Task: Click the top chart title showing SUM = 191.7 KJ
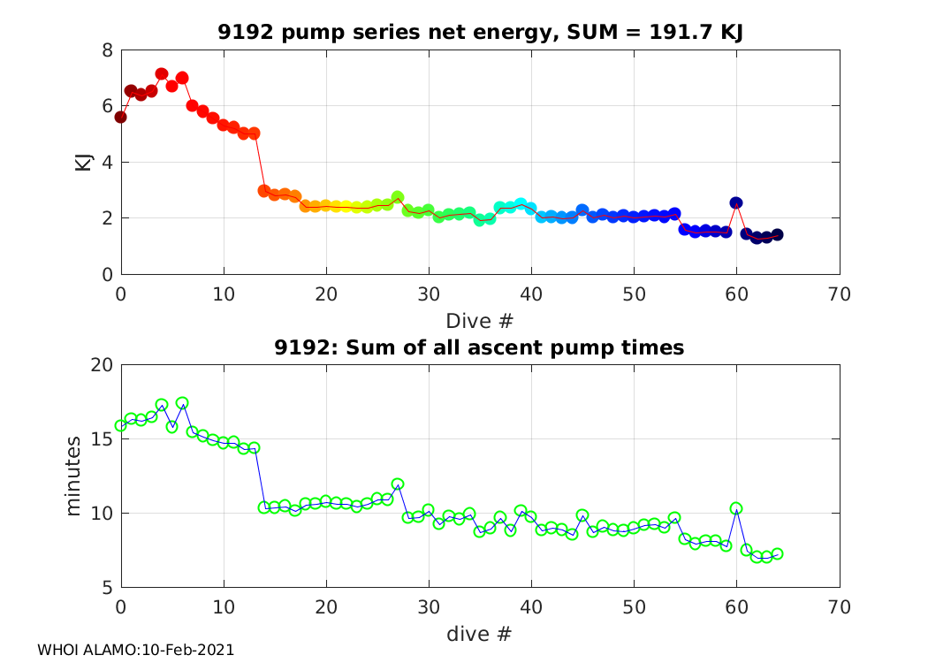481,33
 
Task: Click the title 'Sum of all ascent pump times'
481,347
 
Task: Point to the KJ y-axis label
83,162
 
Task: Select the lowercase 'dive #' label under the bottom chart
481,633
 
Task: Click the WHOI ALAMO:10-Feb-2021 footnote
135,650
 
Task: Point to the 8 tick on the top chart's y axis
107,50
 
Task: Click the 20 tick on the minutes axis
103,365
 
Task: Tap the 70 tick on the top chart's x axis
840,293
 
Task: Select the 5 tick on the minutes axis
107,588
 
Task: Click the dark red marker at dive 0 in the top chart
121,117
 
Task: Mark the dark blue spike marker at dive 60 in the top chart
736,203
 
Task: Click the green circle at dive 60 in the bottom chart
736,508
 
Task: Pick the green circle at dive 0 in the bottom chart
121,425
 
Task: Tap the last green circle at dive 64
777,554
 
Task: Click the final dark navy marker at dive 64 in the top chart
777,234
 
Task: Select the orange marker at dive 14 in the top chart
264,190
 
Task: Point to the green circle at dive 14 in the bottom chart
264,507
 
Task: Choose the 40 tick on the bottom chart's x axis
531,607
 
